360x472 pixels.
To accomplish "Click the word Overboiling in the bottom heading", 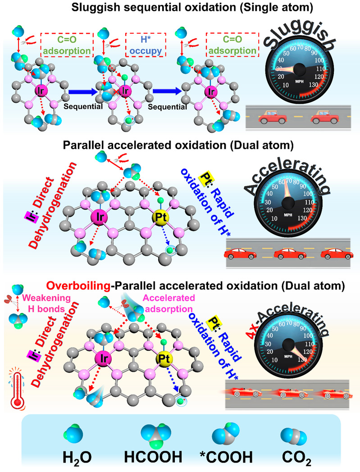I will coord(79,285).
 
